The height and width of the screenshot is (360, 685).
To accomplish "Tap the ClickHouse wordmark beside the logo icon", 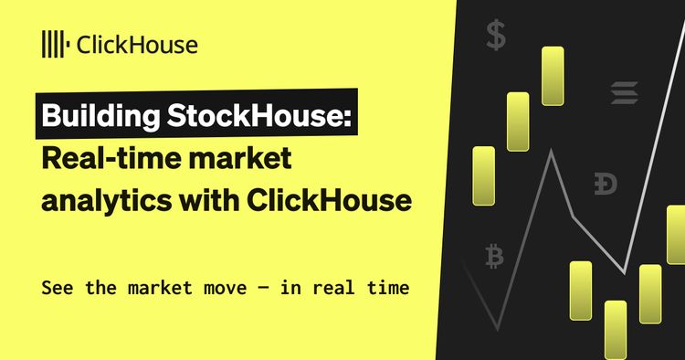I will coord(137,43).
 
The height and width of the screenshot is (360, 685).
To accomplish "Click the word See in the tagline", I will coord(57,287).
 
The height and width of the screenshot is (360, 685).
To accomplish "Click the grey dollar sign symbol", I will coord(496,36).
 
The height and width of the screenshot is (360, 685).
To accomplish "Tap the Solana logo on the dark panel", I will coord(626,93).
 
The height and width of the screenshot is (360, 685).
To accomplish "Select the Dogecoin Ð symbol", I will coord(605,184).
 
